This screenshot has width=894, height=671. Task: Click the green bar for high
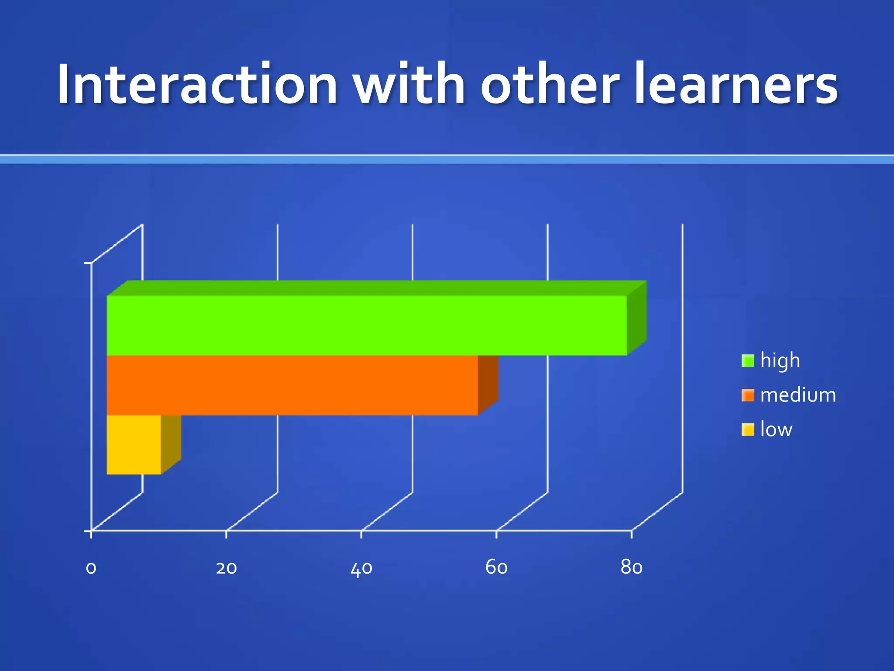[x=367, y=325]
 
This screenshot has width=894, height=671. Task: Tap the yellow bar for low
[x=134, y=444]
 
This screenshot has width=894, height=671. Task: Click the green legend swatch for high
[x=748, y=361]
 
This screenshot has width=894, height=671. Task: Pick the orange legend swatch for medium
[x=748, y=395]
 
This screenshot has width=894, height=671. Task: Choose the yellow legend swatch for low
[x=748, y=429]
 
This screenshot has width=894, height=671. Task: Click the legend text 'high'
[x=780, y=361]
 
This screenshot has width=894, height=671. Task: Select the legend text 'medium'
[x=798, y=395]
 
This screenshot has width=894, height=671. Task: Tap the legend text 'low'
[x=776, y=429]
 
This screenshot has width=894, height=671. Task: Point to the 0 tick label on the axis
[x=91, y=568]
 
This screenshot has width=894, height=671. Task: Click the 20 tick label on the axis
[x=227, y=568]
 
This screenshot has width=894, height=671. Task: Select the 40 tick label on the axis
[x=361, y=568]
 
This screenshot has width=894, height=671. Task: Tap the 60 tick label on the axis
[x=497, y=567]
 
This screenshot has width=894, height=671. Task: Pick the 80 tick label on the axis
[x=632, y=567]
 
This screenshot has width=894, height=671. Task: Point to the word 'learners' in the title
[x=736, y=84]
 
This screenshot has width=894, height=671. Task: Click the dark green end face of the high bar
[x=637, y=318]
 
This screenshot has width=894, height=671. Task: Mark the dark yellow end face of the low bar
[x=171, y=444]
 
